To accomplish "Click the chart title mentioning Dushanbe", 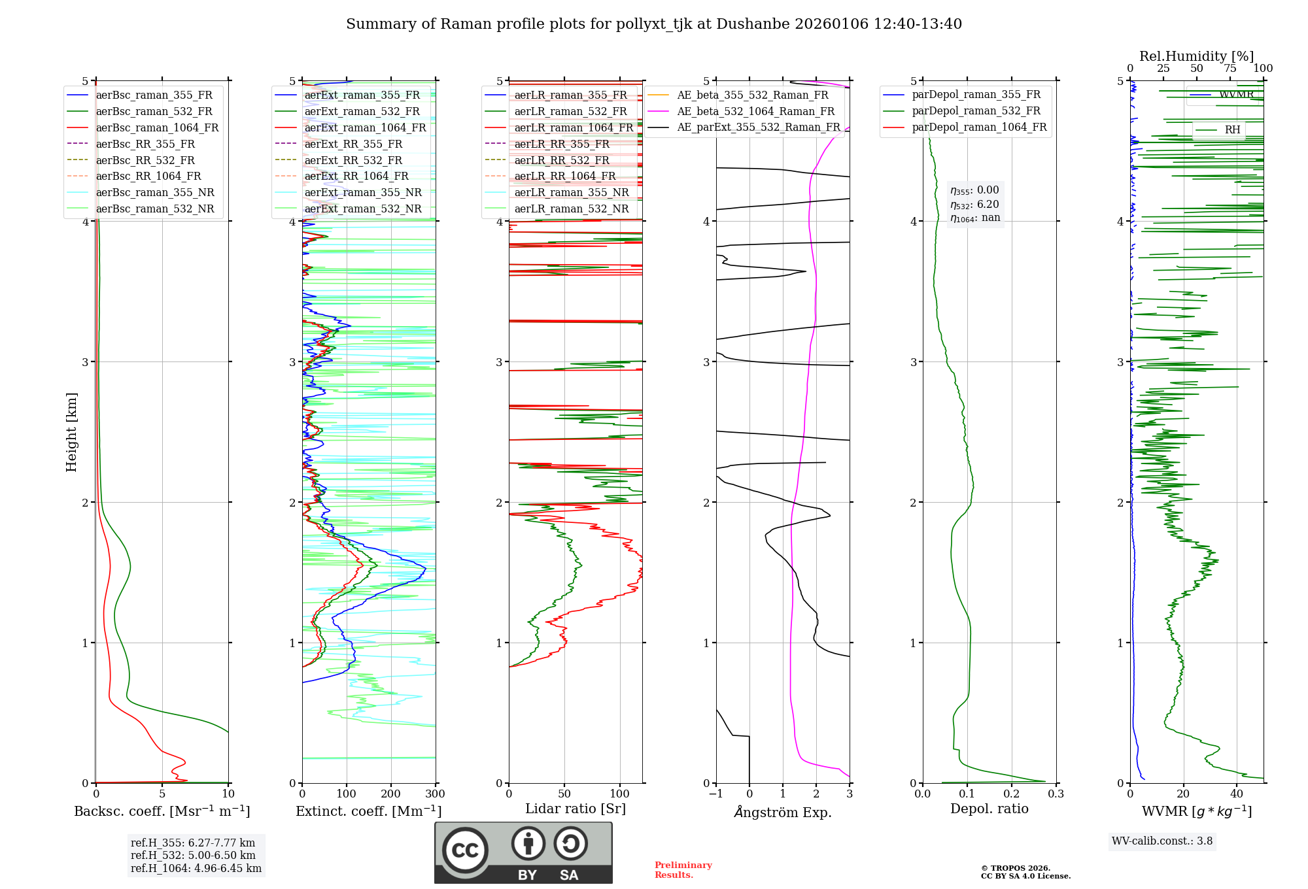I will (653, 24).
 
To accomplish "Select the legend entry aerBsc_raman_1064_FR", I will (157, 127).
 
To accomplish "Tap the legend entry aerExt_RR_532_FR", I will (353, 160).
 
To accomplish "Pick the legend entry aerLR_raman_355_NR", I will (571, 192).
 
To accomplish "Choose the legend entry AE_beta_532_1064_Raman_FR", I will (755, 111).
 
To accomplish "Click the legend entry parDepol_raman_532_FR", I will (976, 110).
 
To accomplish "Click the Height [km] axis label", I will (71, 432).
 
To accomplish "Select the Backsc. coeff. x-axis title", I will (162, 811).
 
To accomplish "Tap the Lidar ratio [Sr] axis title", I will (575, 809).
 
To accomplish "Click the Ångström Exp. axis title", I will (783, 813).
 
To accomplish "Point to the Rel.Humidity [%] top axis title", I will (1196, 56).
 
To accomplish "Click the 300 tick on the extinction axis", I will (435, 794).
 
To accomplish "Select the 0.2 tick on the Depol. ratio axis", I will (1011, 794).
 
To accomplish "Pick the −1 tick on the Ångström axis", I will (715, 794).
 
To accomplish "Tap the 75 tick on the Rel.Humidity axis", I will (1230, 69).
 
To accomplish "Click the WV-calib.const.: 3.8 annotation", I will (1162, 841).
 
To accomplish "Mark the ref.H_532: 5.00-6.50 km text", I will (193, 856).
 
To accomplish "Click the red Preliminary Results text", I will (683, 870).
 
